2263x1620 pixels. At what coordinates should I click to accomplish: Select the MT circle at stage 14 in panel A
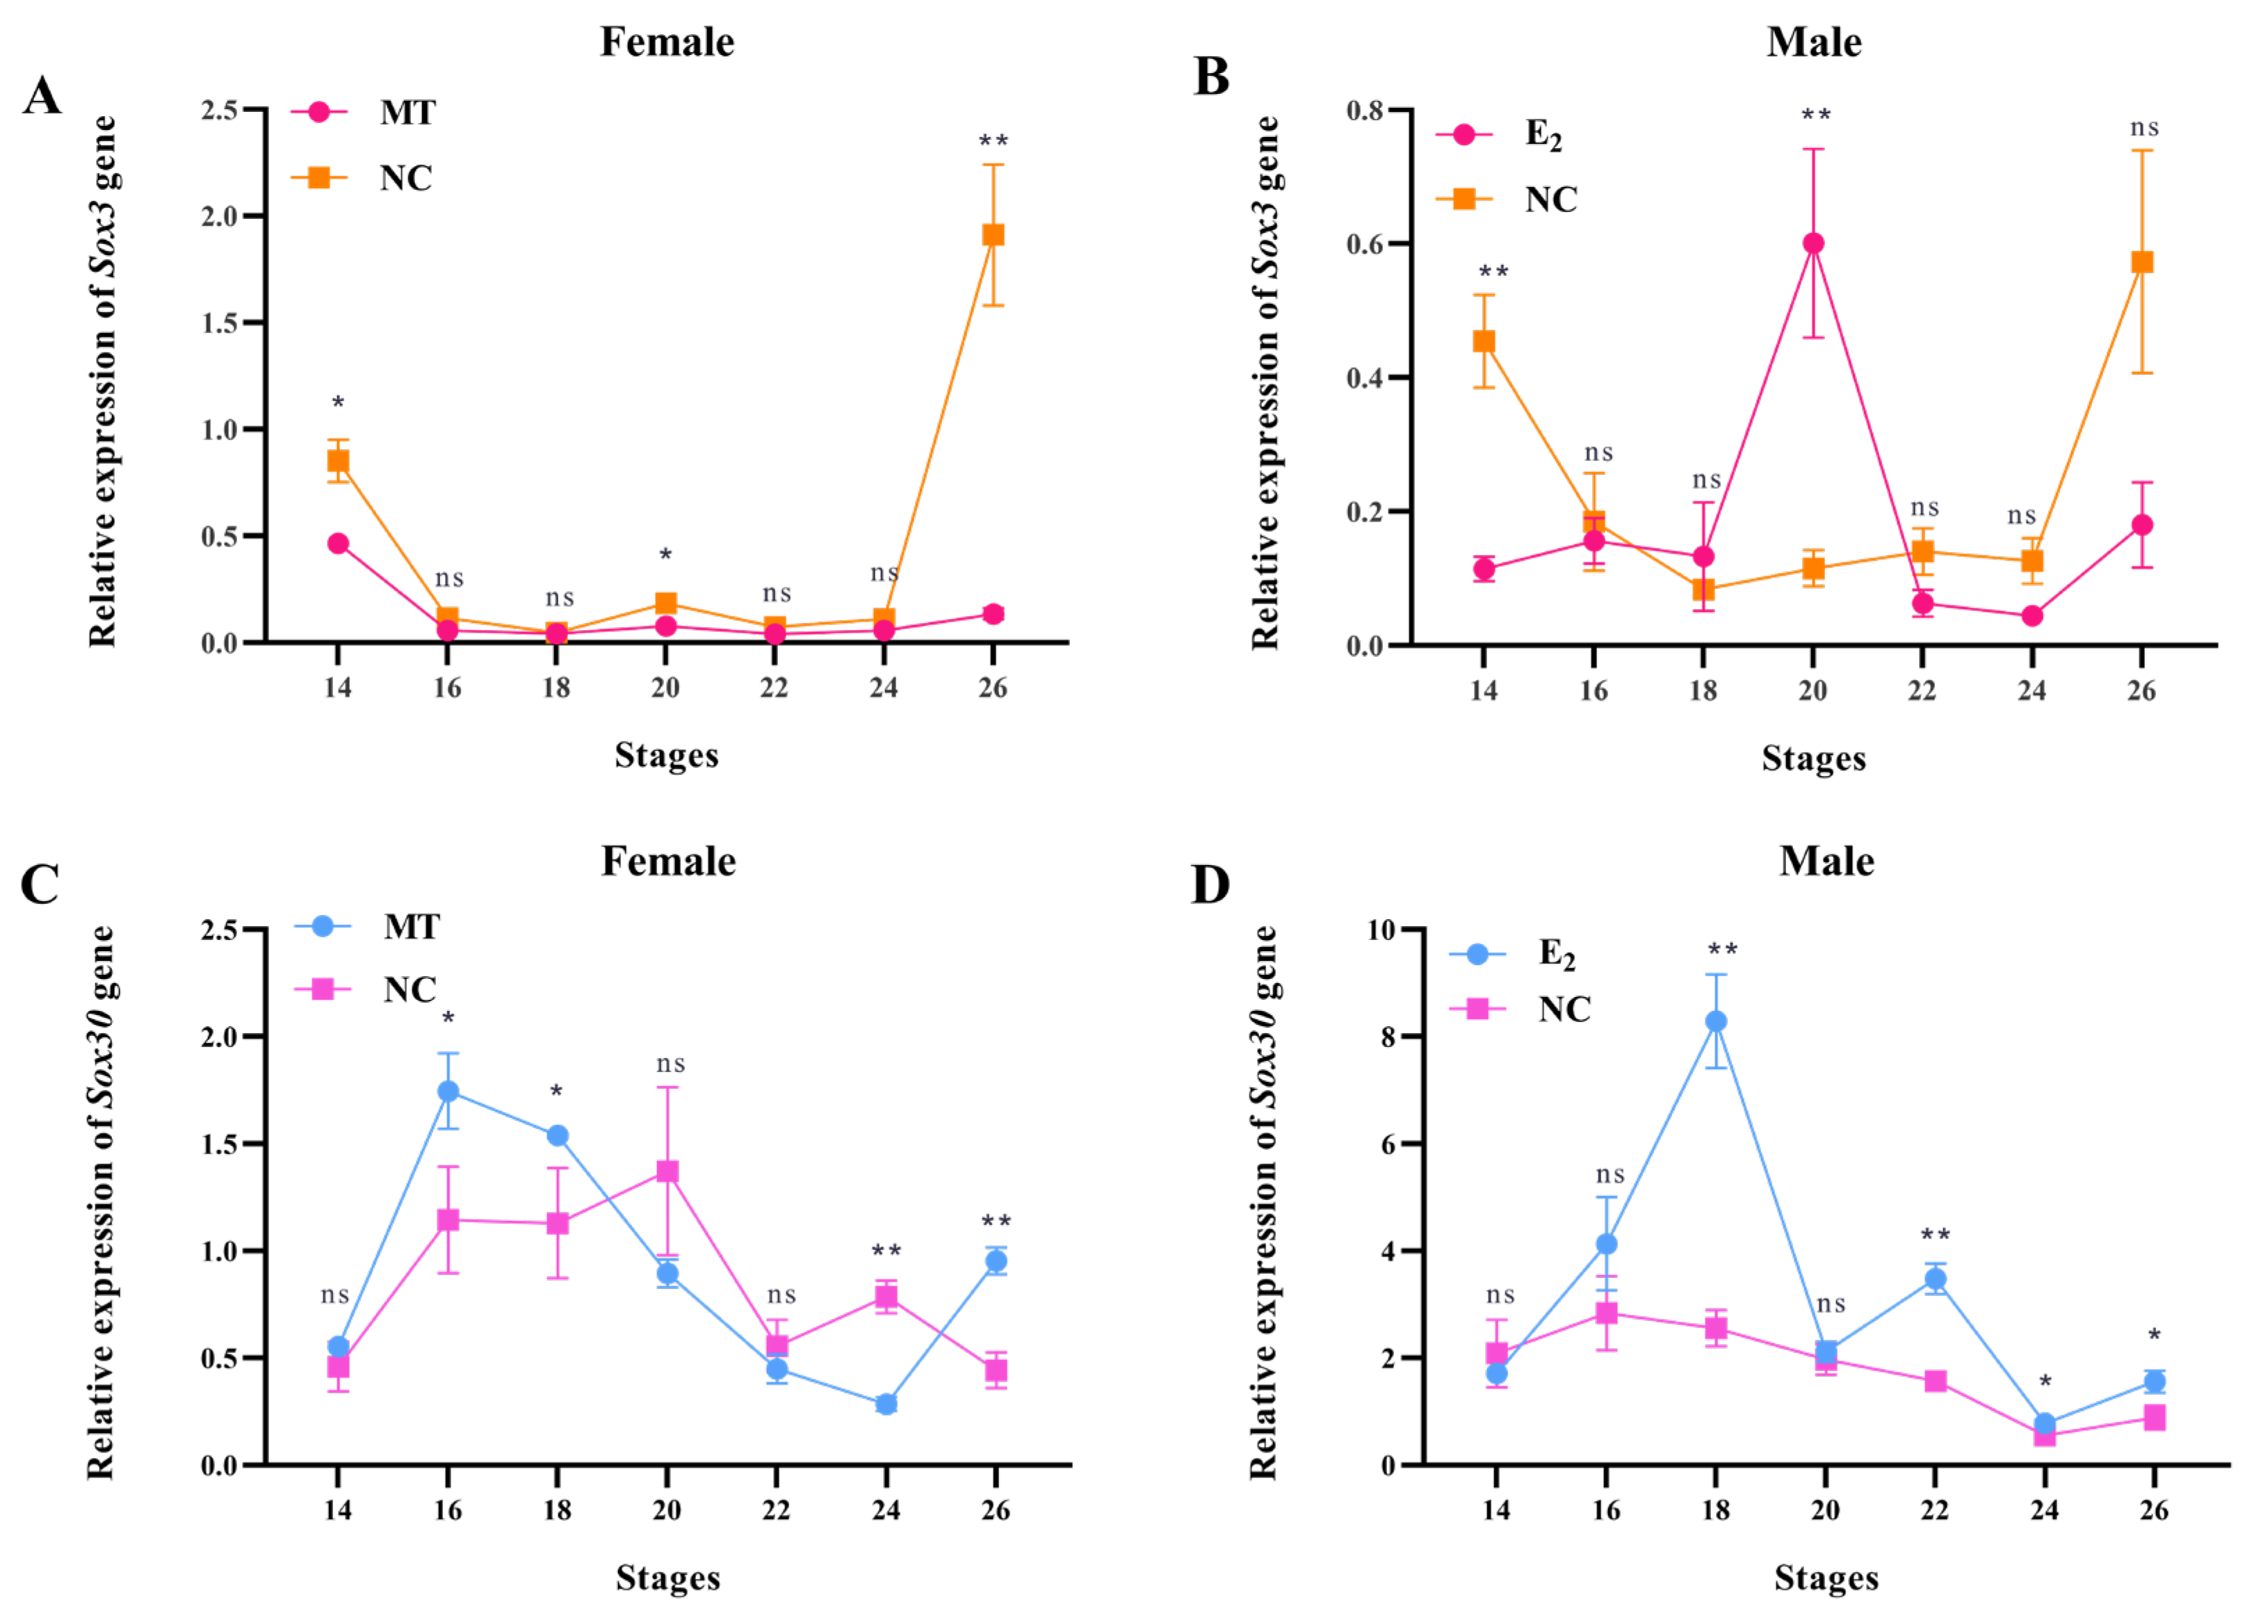pyautogui.click(x=338, y=544)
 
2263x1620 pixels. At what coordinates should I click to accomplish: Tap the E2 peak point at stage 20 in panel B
pyautogui.click(x=1813, y=243)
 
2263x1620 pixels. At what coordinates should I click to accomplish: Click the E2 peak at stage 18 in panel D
pyautogui.click(x=1715, y=1021)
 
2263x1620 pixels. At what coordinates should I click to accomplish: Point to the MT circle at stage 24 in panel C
pyautogui.click(x=886, y=1404)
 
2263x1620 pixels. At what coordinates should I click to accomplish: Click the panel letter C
pyautogui.click(x=40, y=884)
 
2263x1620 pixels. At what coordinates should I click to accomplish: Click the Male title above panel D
pyautogui.click(x=1826, y=861)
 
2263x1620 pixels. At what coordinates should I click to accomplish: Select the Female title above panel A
pyautogui.click(x=667, y=42)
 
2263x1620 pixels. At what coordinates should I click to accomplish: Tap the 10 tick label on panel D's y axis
pyautogui.click(x=1380, y=930)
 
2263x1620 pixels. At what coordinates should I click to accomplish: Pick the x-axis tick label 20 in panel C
pyautogui.click(x=666, y=1510)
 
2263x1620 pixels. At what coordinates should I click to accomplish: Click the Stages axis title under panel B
pyautogui.click(x=1813, y=758)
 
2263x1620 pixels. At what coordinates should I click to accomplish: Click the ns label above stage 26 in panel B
pyautogui.click(x=2144, y=128)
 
